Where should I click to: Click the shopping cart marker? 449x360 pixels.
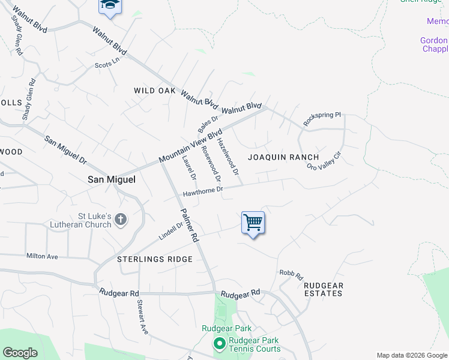[253, 223]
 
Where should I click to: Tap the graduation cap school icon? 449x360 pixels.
[110, 5]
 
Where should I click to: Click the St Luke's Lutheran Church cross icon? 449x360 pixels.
[121, 220]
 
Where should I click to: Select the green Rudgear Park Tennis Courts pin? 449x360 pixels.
[219, 344]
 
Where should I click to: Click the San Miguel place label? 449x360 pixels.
[112, 179]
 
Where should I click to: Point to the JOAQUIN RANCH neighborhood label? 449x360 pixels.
[283, 157]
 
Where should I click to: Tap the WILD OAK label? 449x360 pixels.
[155, 91]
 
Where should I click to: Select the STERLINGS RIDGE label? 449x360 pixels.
[155, 259]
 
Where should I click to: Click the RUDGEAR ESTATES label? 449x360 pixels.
[323, 289]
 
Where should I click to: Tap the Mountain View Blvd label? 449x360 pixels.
[190, 146]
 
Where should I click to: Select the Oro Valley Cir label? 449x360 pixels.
[324, 158]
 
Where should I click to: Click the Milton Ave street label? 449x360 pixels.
[42, 256]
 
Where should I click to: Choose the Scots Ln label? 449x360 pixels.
[107, 62]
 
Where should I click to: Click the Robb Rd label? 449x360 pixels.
[291, 275]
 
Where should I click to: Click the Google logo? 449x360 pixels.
[20, 353]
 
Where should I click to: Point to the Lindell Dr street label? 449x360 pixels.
[170, 230]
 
